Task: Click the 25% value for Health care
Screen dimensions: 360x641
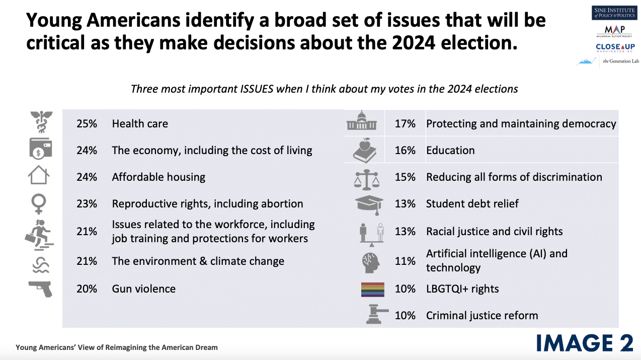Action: pyautogui.click(x=87, y=124)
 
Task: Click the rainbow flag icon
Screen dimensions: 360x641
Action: pyautogui.click(x=372, y=290)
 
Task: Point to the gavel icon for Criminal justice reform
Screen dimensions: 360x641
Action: pyautogui.click(x=372, y=315)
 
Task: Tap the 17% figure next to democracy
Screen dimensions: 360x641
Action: pyautogui.click(x=405, y=124)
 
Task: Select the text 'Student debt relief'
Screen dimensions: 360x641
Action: pyautogui.click(x=472, y=204)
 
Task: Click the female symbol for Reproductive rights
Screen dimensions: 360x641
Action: pyautogui.click(x=39, y=203)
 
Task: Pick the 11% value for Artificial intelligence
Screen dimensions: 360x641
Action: pyautogui.click(x=405, y=261)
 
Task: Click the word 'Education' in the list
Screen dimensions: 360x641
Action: pyautogui.click(x=450, y=151)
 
